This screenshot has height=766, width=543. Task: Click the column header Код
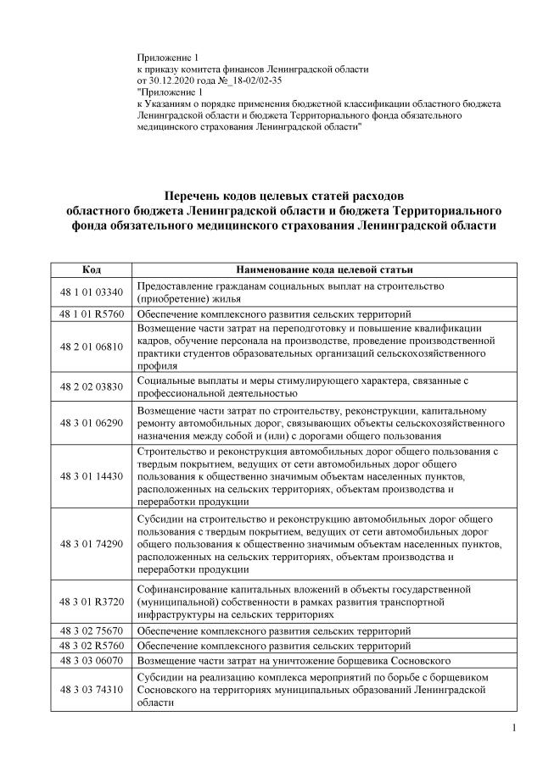(92, 269)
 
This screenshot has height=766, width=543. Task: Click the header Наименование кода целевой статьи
(325, 269)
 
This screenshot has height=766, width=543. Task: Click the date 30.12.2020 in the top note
(172, 80)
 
